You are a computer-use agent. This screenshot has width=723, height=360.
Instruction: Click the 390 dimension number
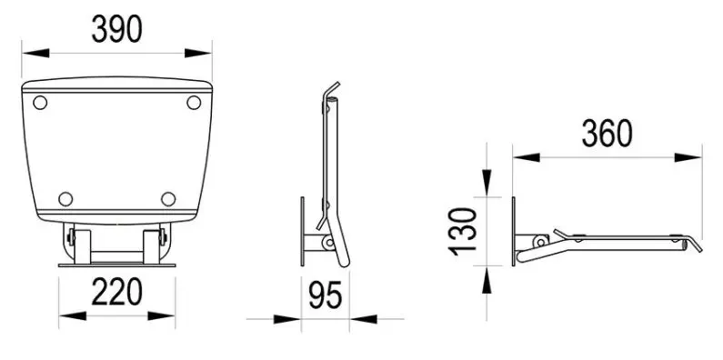(x=116, y=29)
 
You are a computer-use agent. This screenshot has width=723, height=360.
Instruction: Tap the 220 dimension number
(x=116, y=292)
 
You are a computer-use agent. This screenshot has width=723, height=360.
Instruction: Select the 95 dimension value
(x=325, y=295)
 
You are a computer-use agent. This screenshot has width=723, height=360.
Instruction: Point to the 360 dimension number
(x=607, y=134)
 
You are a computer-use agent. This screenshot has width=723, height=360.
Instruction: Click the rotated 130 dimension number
(x=463, y=232)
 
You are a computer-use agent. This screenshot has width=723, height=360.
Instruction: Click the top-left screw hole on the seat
(x=40, y=103)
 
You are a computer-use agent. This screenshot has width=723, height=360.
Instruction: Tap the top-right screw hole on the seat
(x=194, y=103)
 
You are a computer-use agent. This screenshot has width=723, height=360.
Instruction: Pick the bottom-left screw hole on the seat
(x=65, y=199)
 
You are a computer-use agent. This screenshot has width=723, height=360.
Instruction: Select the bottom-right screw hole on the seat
(x=168, y=199)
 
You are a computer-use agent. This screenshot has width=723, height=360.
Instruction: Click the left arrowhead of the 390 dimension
(x=35, y=53)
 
